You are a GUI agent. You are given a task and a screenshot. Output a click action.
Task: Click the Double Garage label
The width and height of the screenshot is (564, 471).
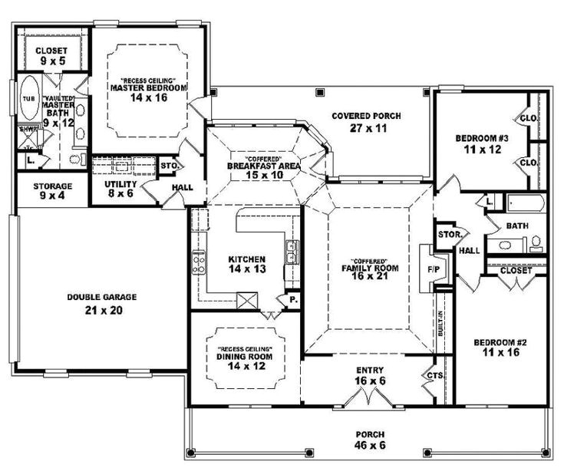[x=94, y=305]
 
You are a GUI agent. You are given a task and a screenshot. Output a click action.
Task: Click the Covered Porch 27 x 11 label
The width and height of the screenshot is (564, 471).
[x=367, y=122]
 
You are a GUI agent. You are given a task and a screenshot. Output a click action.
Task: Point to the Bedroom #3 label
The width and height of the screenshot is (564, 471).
[x=482, y=143]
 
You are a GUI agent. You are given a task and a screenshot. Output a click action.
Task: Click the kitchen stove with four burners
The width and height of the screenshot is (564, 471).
[x=200, y=263]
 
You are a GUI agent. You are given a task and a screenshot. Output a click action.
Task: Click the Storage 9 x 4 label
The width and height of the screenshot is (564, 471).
[x=52, y=191]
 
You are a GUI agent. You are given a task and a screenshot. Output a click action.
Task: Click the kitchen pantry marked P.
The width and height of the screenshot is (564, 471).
[x=292, y=299]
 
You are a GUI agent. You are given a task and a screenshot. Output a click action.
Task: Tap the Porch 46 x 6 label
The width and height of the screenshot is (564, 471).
[x=370, y=438]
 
